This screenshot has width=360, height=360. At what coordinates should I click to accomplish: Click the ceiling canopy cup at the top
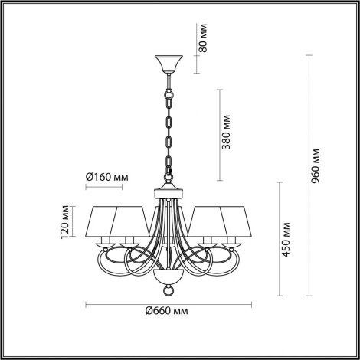[x=165, y=64]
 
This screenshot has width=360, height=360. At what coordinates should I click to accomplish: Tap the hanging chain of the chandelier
[x=165, y=130]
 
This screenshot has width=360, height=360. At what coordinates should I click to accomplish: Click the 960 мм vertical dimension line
[x=308, y=176]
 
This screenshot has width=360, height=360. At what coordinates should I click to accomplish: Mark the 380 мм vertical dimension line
[x=221, y=133]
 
